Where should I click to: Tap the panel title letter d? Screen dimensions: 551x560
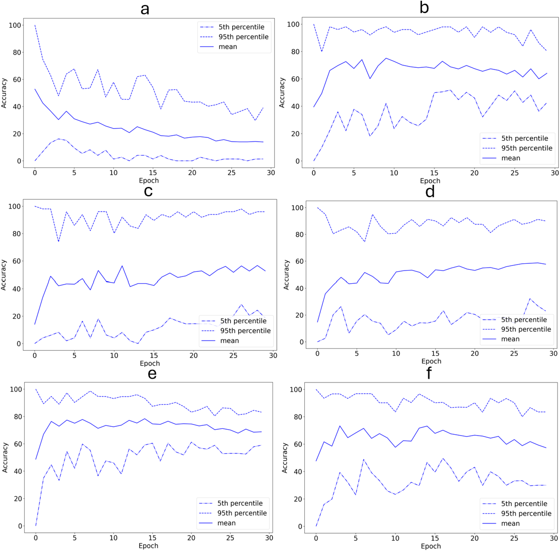coord(430,192)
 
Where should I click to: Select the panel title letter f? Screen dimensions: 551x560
coord(429,373)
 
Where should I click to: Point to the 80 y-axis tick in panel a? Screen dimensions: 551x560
coord(17,52)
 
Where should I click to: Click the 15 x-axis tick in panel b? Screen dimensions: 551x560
coord(434,173)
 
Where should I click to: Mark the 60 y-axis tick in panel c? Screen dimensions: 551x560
coord(17,261)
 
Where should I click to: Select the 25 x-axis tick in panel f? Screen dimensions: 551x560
coord(514,538)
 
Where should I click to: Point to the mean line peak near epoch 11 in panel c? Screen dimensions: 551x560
coord(122,266)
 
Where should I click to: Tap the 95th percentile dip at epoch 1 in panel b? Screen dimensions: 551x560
coord(322,51)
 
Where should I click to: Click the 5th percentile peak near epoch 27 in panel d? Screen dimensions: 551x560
coord(530,299)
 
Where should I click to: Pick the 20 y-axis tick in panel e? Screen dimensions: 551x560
coord(18,498)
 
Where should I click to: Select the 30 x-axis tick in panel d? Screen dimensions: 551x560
coord(553,353)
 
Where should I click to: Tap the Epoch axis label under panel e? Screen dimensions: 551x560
coord(148,545)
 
